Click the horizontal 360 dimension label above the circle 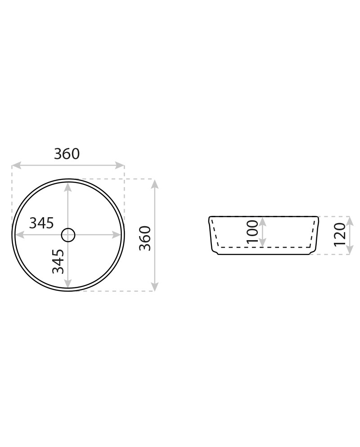(x=67, y=154)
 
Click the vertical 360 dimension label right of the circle (x=145, y=238)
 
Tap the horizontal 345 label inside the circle (x=42, y=223)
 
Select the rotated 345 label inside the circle (x=58, y=261)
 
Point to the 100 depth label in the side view (x=253, y=231)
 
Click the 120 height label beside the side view (x=340, y=234)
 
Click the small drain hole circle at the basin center (x=68, y=235)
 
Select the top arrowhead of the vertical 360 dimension (x=155, y=184)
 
